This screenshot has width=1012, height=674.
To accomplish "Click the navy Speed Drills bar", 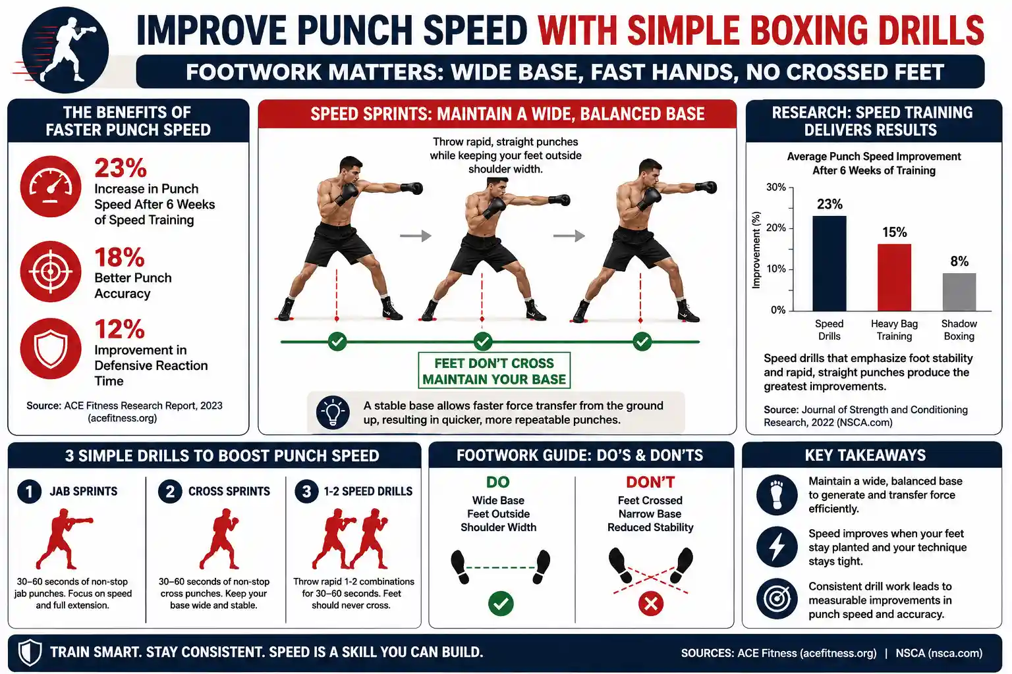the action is (x=829, y=263).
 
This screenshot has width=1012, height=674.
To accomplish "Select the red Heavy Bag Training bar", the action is (x=894, y=277).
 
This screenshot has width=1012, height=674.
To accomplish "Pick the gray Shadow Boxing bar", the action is (x=959, y=292).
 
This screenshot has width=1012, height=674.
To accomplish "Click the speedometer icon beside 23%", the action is (x=51, y=186).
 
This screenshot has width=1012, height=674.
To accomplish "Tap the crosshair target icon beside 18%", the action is (x=51, y=271).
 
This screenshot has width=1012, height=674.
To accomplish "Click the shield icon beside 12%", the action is (x=51, y=348).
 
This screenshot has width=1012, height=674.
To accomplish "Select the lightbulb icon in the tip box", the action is (x=333, y=413).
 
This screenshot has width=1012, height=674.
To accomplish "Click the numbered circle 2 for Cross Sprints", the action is (x=170, y=491).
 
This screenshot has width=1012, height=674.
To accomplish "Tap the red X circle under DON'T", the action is (x=650, y=604).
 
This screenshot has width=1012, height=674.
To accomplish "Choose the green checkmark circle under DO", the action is (x=501, y=604).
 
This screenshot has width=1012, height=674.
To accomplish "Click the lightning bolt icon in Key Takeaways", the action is (x=777, y=547).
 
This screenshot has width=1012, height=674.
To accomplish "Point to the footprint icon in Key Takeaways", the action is (x=777, y=495).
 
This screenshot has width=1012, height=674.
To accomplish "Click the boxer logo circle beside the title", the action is (x=65, y=49).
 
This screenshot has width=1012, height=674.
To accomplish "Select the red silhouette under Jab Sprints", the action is (x=63, y=538).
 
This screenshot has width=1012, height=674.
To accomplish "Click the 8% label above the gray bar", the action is (x=959, y=261).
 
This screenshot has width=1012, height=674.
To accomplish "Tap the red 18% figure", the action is (x=119, y=257).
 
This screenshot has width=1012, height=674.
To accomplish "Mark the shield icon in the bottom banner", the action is (x=30, y=652).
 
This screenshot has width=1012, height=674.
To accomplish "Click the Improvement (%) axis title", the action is (x=756, y=249).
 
